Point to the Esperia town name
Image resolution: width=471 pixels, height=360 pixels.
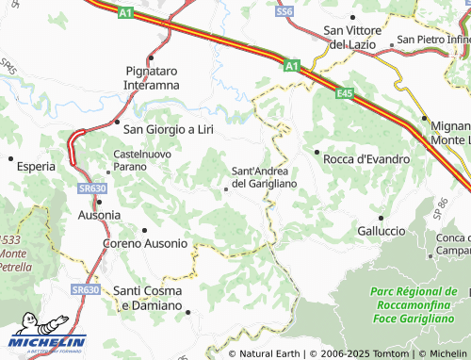[x=36, y=166]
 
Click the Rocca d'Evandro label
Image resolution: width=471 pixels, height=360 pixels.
[x=365, y=159]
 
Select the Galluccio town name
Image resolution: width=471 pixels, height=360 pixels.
[x=381, y=230]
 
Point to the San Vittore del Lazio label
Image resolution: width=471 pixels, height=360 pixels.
[x=349, y=37]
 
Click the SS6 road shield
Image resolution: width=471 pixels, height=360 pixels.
[x=284, y=10]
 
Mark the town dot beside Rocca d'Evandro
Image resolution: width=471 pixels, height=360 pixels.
[x=317, y=151]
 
